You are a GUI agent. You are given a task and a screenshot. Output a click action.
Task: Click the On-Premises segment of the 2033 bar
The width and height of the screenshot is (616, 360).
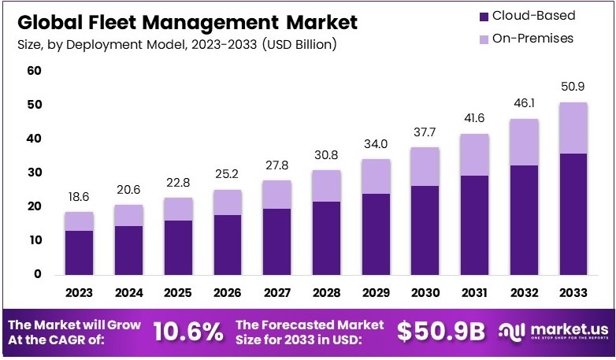[x=572, y=128]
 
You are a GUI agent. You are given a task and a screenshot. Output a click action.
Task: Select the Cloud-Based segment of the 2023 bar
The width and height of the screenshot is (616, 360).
[x=79, y=252]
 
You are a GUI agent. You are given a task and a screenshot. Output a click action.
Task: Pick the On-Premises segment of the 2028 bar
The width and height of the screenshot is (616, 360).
[x=326, y=186]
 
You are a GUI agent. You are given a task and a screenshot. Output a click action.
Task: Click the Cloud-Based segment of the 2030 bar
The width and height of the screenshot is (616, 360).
[x=425, y=230]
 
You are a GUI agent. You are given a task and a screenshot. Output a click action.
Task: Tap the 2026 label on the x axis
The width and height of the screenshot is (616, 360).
[x=227, y=293]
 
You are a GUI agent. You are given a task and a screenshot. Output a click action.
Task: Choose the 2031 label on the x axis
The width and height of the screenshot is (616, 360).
[x=474, y=293]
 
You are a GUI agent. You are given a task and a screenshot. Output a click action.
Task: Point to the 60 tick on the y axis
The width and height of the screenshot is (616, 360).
[x=35, y=71]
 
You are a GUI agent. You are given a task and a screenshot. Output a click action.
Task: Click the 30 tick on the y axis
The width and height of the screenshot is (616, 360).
[x=35, y=173]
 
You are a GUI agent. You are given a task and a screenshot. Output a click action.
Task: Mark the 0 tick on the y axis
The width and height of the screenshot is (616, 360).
[x=37, y=274]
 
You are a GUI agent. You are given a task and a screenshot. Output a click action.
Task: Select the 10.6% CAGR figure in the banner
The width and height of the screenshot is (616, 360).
[x=187, y=332]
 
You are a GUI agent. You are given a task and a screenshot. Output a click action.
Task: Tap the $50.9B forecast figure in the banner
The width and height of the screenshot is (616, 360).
[x=440, y=332]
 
